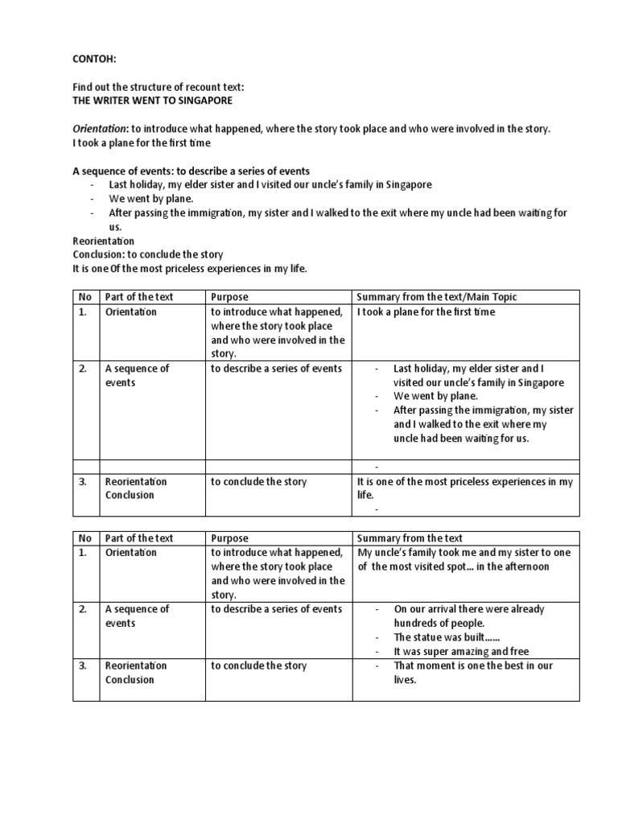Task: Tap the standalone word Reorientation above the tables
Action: tap(104, 241)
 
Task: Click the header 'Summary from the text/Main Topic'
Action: tap(437, 297)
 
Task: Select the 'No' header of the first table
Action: tap(84, 297)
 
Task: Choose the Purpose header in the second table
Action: tap(229, 538)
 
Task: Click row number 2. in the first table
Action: tap(84, 369)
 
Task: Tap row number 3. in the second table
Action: tap(84, 665)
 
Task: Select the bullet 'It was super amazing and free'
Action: tap(461, 651)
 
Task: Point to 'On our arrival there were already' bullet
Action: tap(468, 609)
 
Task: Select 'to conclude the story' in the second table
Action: tap(258, 665)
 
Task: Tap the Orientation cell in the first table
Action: tap(131, 311)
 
